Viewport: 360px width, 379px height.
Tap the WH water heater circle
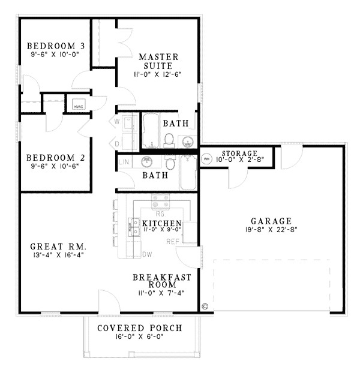click(208, 159)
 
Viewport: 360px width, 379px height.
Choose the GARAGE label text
click(272, 221)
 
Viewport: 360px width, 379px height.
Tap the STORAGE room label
click(239, 154)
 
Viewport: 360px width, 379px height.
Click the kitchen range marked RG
click(160, 202)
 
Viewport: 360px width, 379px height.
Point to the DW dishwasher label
click(147, 254)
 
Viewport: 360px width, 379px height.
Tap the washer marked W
click(118, 122)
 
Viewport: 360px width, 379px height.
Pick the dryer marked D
click(118, 144)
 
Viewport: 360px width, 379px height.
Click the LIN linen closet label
click(125, 163)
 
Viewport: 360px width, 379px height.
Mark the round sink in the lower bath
click(146, 161)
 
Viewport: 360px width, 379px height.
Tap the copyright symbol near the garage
click(205, 306)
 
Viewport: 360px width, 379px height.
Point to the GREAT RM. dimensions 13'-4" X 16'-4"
click(58, 255)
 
